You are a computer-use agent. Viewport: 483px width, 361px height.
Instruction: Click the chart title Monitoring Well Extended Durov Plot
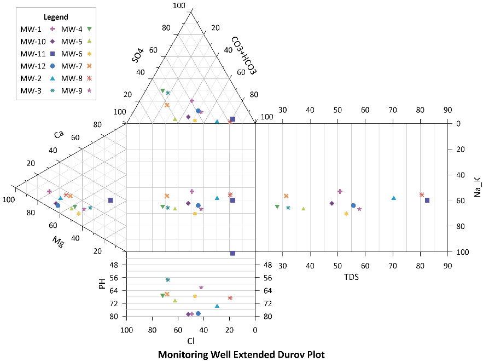click(241, 354)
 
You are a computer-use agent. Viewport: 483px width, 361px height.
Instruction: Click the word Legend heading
click(56, 17)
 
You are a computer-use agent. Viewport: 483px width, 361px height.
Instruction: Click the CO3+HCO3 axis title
click(244, 55)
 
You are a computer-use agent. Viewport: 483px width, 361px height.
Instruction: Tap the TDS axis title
click(351, 277)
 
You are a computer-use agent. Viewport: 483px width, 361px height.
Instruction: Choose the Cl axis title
click(191, 341)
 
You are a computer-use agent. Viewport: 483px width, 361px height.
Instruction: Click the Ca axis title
click(59, 135)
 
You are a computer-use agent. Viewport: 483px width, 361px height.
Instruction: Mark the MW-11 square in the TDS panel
click(427, 200)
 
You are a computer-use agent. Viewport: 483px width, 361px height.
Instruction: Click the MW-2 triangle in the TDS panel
click(393, 198)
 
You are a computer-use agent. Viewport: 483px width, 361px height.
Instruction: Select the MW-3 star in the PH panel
click(168, 279)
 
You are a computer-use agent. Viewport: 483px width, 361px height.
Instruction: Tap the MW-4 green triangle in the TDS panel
click(277, 207)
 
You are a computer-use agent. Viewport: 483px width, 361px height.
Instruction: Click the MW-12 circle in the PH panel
click(198, 313)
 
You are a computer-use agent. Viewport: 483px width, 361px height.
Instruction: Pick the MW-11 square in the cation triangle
click(110, 200)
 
